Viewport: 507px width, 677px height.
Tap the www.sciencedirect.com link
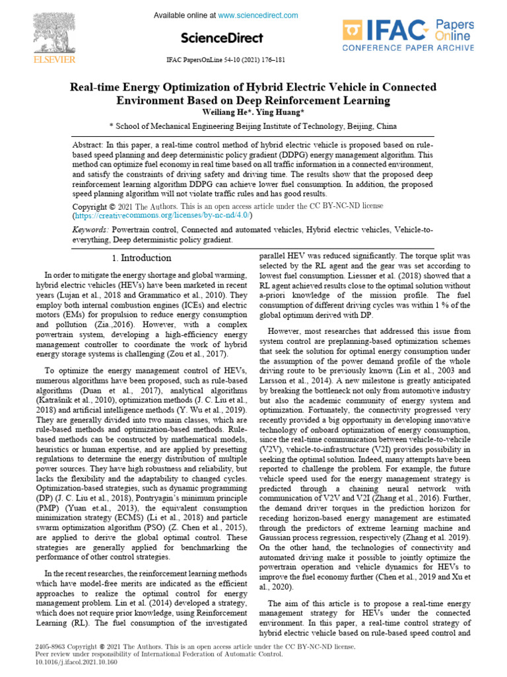(x=257, y=15)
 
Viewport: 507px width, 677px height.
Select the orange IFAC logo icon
(x=353, y=30)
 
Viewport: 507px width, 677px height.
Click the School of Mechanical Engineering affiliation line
(x=253, y=126)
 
